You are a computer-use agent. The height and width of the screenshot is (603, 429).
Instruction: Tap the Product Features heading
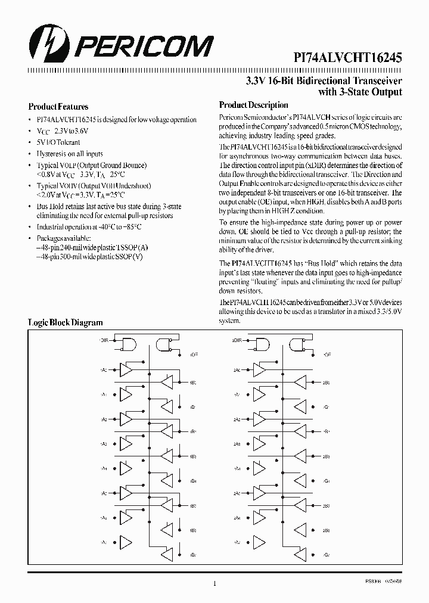tap(58, 107)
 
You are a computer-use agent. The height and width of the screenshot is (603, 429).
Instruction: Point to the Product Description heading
tap(254, 105)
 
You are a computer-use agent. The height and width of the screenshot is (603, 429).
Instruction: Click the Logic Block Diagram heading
tap(66, 322)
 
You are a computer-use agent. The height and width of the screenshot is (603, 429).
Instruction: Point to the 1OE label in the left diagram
tap(194, 355)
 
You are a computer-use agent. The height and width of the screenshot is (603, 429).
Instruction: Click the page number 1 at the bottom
tap(214, 583)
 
